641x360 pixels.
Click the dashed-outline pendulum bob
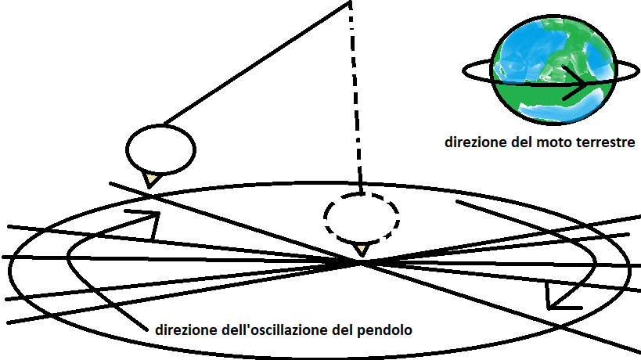click(362, 215)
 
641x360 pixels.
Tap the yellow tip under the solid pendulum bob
click(152, 180)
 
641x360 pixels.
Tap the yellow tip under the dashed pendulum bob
click(361, 249)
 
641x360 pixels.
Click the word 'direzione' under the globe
click(473, 143)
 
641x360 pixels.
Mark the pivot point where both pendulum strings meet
click(350, 4)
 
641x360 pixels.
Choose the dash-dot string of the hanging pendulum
click(356, 102)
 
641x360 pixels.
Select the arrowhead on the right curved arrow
click(556, 299)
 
